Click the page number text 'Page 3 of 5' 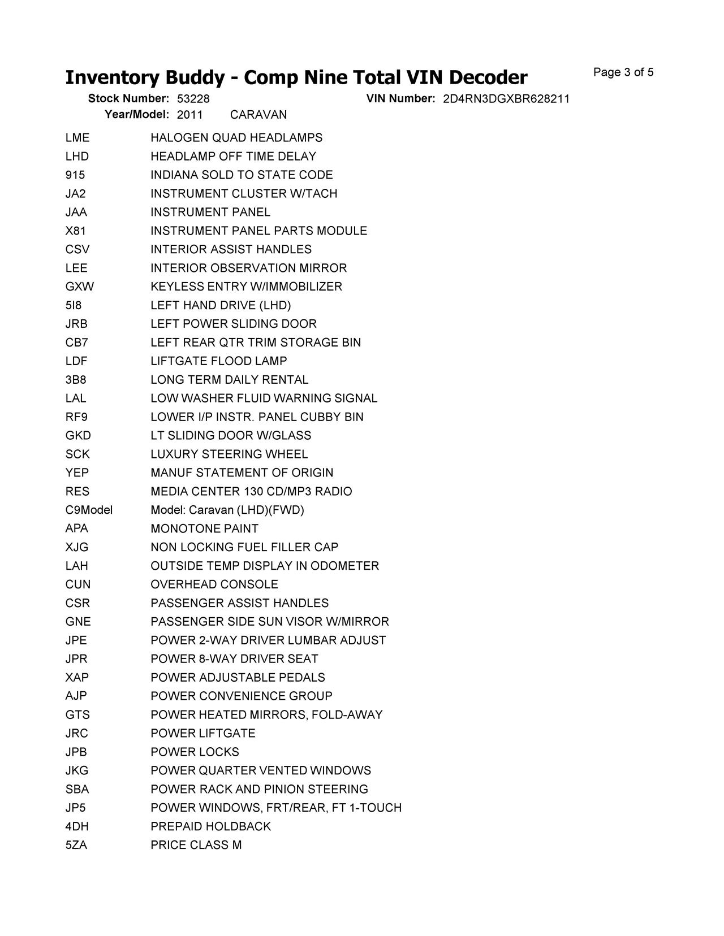pyautogui.click(x=623, y=72)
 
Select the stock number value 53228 pyautogui.click(x=193, y=99)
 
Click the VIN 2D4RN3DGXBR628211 pyautogui.click(x=506, y=99)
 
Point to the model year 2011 pyautogui.click(x=189, y=115)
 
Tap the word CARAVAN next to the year pyautogui.click(x=258, y=115)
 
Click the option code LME pyautogui.click(x=77, y=138)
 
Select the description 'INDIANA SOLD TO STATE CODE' pyautogui.click(x=242, y=175)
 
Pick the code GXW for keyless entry pyautogui.click(x=79, y=287)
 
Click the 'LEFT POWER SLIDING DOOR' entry pyautogui.click(x=233, y=324)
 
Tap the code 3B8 pyautogui.click(x=76, y=380)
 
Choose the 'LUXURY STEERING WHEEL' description pyautogui.click(x=229, y=454)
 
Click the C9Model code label pyautogui.click(x=89, y=510)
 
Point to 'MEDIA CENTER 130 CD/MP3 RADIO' pyautogui.click(x=251, y=492)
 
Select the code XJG pyautogui.click(x=77, y=547)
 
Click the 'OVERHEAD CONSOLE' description pyautogui.click(x=214, y=584)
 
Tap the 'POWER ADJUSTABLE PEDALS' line pyautogui.click(x=238, y=678)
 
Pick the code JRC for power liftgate pyautogui.click(x=76, y=734)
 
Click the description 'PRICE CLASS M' pyautogui.click(x=196, y=845)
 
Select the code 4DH pyautogui.click(x=77, y=826)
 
